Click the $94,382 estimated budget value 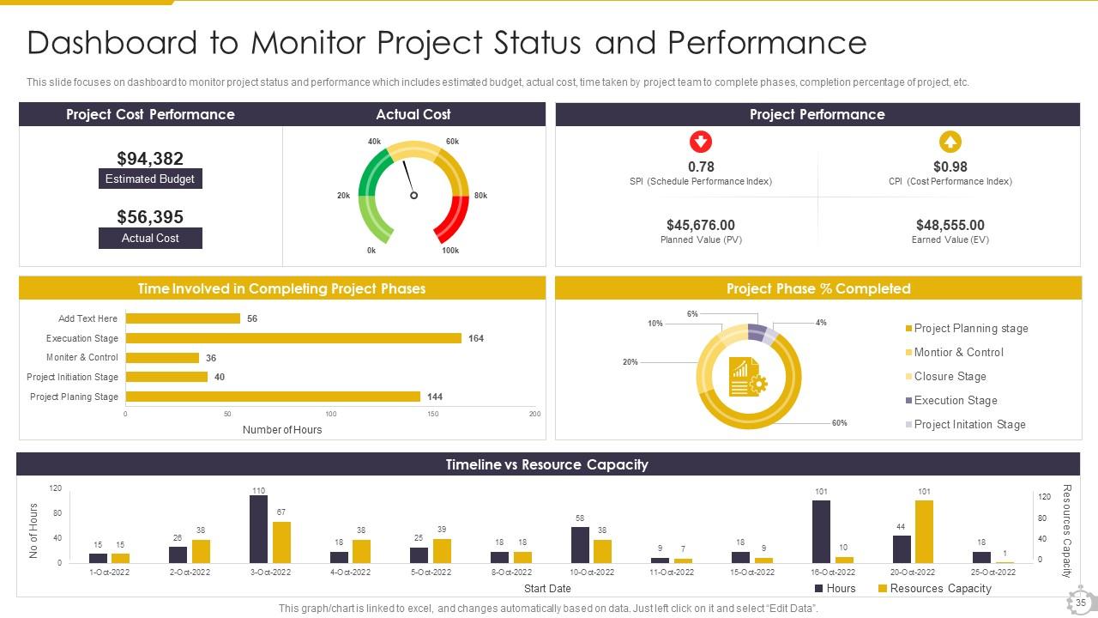pos(150,159)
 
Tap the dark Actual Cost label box pos(150,239)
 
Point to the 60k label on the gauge pos(452,142)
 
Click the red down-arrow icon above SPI pos(701,142)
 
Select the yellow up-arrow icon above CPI pos(950,142)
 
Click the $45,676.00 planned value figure pos(701,226)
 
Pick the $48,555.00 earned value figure pos(950,226)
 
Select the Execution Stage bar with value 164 pos(293,338)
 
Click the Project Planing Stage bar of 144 pos(273,397)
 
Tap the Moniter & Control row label pos(82,358)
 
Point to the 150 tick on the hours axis pos(433,415)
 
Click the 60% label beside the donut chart pos(839,423)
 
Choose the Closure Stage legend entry pos(950,377)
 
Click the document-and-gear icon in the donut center pos(747,378)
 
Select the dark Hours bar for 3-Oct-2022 pos(258,529)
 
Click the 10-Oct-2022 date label pos(592,573)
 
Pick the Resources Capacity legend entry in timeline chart pos(934,589)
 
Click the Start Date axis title pos(547,589)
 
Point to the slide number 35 pos(1080,603)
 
